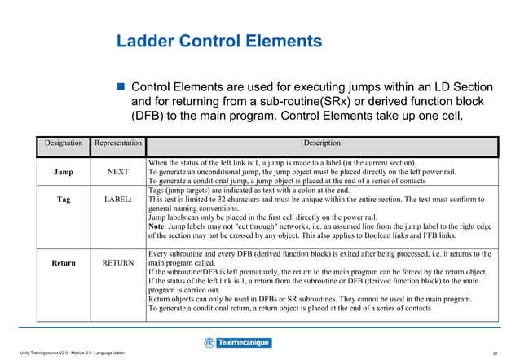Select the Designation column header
64,143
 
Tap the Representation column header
118,143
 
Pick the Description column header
322,143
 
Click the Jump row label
63,173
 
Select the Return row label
63,263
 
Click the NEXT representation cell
118,173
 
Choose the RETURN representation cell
118,263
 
